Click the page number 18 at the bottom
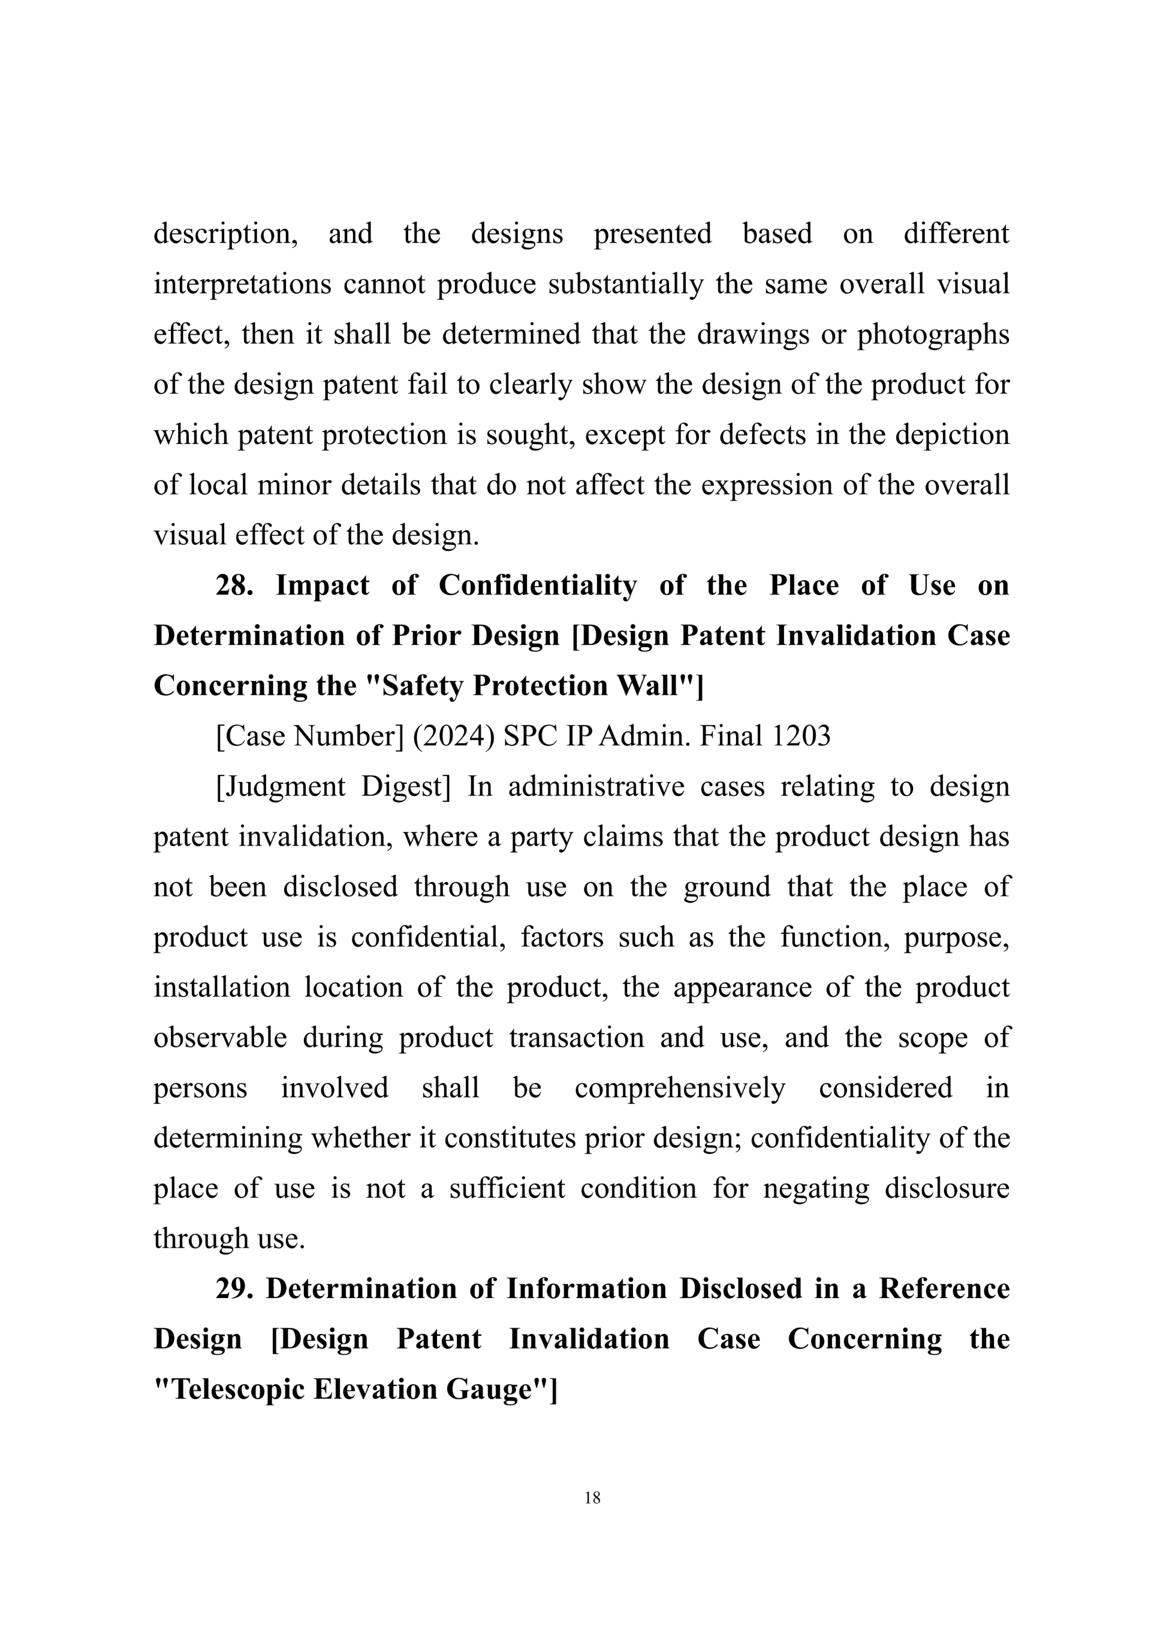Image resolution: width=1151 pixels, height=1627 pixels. click(592, 1498)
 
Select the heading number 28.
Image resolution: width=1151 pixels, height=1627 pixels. click(234, 585)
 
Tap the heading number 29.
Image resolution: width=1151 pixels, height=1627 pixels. click(234, 1288)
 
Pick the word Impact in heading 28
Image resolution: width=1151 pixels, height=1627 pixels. click(323, 585)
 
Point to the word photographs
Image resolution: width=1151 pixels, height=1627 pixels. click(933, 334)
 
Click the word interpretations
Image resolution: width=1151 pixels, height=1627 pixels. click(242, 284)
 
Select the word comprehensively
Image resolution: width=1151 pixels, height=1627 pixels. click(680, 1088)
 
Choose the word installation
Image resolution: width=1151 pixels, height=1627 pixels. click(222, 987)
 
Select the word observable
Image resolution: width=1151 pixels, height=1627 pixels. click(221, 1037)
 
